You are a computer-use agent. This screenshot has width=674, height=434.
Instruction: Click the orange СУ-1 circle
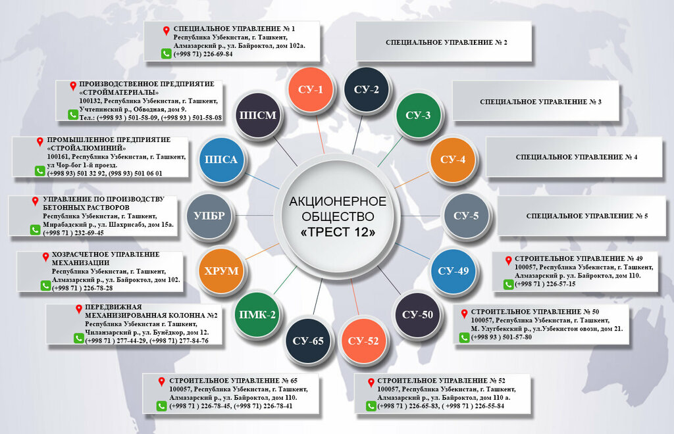(x=310, y=89)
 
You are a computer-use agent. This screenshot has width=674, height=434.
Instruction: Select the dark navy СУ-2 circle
(x=366, y=89)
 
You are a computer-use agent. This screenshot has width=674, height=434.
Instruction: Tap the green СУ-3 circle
(x=417, y=116)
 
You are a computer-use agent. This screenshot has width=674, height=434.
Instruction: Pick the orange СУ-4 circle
(x=452, y=159)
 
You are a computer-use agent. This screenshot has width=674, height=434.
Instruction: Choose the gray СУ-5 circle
(x=466, y=215)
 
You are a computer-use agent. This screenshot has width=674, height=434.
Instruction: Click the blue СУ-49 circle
(x=453, y=270)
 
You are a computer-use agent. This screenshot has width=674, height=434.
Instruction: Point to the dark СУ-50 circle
(x=417, y=314)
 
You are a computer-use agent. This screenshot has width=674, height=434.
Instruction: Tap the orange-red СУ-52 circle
(x=363, y=340)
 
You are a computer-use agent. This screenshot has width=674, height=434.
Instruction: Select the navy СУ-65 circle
(x=308, y=340)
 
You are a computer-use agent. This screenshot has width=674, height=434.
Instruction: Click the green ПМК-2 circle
(x=257, y=314)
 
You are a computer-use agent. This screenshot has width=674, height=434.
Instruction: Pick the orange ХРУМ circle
(x=221, y=270)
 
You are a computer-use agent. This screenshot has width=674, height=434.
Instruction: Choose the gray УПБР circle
(x=209, y=215)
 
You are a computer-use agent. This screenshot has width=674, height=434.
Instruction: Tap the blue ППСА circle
(x=221, y=159)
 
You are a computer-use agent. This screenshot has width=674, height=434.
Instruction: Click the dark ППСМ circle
(x=257, y=115)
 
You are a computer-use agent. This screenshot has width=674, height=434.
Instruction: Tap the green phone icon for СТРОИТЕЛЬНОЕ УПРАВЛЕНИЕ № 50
(x=464, y=337)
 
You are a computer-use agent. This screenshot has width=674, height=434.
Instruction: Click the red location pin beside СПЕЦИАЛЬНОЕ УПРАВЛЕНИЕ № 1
(x=167, y=30)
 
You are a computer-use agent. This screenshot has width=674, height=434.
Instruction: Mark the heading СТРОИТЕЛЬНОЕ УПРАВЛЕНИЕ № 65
(x=233, y=381)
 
